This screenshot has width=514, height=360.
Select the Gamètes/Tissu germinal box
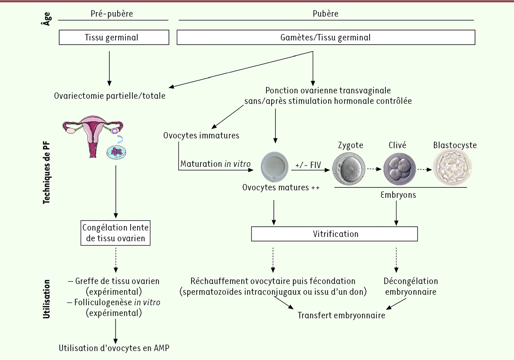click(x=326, y=38)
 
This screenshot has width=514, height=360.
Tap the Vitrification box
click(x=334, y=234)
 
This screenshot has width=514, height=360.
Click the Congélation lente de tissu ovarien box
click(x=116, y=233)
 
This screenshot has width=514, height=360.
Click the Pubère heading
click(x=326, y=14)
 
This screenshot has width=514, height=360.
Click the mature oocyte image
click(x=275, y=168)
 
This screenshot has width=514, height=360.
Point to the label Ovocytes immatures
click(x=201, y=135)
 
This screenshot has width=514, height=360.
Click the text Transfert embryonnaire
click(x=341, y=315)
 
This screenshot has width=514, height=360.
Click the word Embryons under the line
click(x=398, y=195)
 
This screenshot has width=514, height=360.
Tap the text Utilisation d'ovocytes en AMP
click(x=114, y=348)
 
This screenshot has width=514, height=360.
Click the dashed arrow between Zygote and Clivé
click(x=374, y=169)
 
